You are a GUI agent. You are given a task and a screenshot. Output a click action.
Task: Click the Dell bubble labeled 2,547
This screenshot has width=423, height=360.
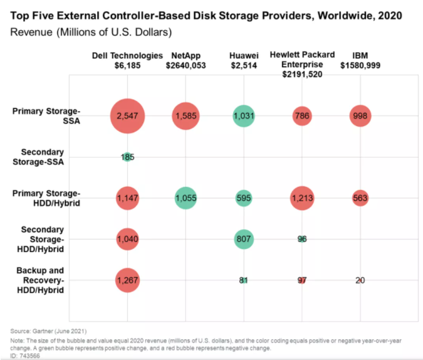click(x=128, y=116)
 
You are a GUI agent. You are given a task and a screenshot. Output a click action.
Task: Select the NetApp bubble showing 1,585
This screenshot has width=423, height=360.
click(x=185, y=116)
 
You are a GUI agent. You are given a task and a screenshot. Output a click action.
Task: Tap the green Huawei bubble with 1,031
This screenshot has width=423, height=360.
click(x=243, y=116)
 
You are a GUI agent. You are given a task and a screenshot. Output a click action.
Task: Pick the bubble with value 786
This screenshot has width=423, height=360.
click(x=302, y=116)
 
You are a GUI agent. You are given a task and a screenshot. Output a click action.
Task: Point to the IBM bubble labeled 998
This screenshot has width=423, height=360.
click(x=360, y=116)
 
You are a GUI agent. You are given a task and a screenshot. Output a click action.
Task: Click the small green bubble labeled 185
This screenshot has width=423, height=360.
click(x=128, y=157)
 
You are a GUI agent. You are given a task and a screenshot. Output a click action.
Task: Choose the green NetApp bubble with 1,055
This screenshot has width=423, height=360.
click(x=185, y=198)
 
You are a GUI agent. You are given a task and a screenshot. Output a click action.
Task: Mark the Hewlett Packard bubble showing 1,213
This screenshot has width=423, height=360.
click(x=302, y=198)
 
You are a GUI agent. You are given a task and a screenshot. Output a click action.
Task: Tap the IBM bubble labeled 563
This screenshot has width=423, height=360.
click(x=360, y=198)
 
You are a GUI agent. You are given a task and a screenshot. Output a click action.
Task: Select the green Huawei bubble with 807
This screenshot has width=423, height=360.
click(x=243, y=239)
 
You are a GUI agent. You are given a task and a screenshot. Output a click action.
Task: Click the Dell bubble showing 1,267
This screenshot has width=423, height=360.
click(x=128, y=280)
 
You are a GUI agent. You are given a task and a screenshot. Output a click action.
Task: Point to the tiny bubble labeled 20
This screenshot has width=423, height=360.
click(x=360, y=280)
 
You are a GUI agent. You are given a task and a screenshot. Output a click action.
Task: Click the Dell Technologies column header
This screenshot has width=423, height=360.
click(x=128, y=60)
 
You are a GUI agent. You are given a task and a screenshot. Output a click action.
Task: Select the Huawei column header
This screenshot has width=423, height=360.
click(x=243, y=60)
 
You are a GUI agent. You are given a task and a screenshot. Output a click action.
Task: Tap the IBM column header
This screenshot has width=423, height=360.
click(x=360, y=60)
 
